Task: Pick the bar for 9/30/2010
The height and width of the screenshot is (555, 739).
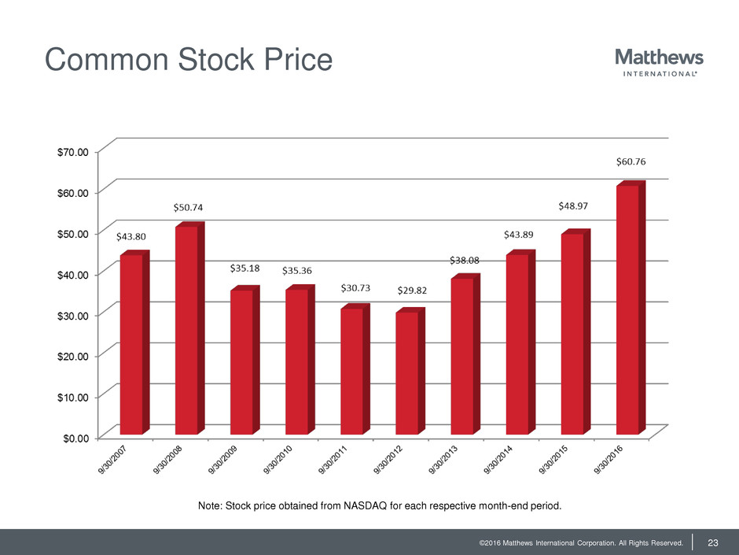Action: (x=296, y=361)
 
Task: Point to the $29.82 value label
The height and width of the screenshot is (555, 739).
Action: (x=411, y=290)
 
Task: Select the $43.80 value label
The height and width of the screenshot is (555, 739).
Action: (x=131, y=235)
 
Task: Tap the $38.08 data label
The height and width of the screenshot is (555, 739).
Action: (x=465, y=260)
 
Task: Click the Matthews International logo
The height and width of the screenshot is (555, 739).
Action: (x=659, y=63)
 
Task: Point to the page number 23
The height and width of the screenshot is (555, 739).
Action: (x=714, y=542)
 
